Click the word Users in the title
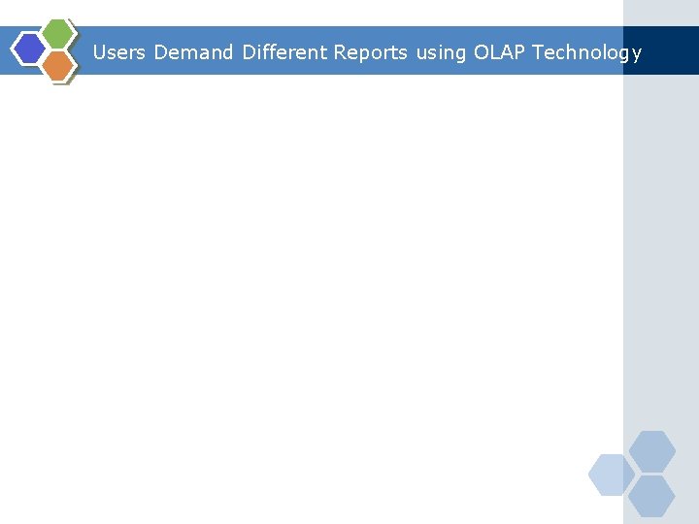pos(118,52)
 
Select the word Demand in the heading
pos(193,52)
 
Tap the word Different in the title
pos(283,52)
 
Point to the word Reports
pos(370,52)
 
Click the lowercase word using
pos(441,53)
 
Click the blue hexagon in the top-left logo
pos(30,48)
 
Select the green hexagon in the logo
pos(57,33)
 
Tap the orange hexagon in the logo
pos(58,65)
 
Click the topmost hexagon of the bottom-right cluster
pos(651,451)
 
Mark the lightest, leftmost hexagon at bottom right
pos(612,475)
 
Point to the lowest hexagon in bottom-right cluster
pos(651,496)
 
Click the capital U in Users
pos(99,52)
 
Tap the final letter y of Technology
pos(636,54)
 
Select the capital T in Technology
pos(537,52)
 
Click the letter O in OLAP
pos(482,52)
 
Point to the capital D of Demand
pos(160,52)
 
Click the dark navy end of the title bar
pos(670,50)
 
